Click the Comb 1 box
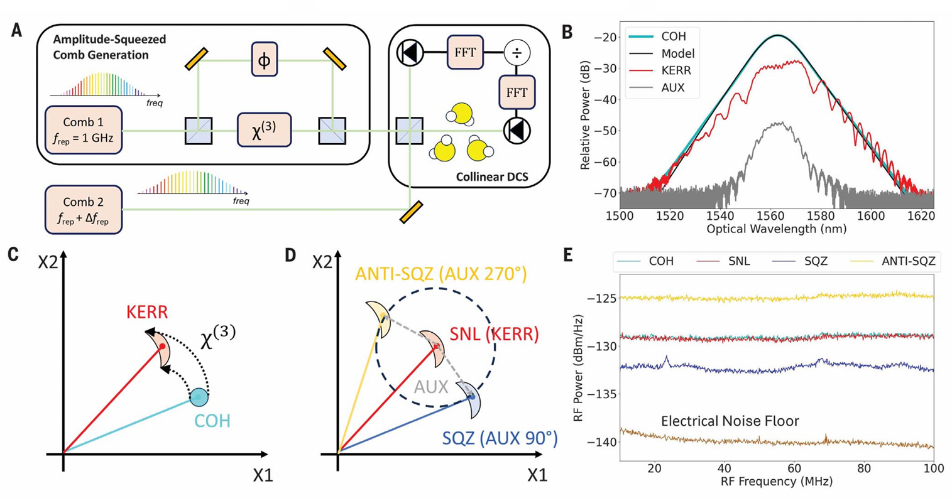84,129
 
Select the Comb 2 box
84,210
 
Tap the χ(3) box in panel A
265,129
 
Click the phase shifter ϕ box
265,59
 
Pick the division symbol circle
517,53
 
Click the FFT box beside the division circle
465,52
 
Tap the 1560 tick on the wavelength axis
770,216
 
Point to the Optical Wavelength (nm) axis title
777,229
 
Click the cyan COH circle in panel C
199,398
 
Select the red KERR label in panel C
147,312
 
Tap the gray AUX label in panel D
431,387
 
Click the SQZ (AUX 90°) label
500,438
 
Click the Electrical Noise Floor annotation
730,421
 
